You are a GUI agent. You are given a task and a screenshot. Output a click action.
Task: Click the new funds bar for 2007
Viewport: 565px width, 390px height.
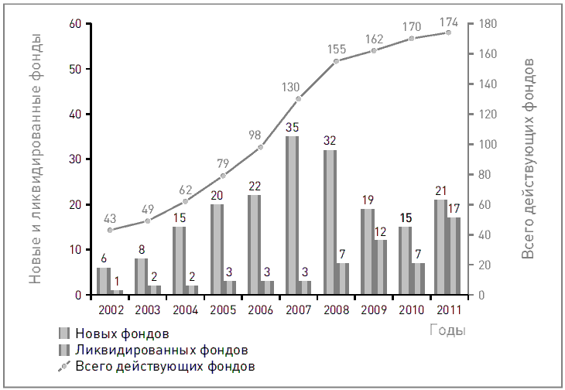(293, 215)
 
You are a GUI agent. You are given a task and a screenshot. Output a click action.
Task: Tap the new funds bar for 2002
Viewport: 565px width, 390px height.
(104, 281)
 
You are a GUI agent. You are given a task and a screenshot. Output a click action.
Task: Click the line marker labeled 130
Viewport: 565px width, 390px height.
(299, 98)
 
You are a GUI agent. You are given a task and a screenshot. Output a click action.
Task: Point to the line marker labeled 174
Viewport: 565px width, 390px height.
(448, 32)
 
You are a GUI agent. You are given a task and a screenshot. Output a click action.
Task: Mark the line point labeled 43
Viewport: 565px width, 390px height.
(111, 230)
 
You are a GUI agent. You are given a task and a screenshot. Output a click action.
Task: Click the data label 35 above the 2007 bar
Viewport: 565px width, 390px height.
(293, 127)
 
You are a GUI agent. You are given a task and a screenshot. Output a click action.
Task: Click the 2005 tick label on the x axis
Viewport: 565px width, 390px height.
(224, 310)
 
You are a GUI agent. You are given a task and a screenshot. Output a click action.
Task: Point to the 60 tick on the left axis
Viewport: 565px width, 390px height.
(75, 24)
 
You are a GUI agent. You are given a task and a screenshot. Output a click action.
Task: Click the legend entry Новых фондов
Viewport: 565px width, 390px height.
(122, 334)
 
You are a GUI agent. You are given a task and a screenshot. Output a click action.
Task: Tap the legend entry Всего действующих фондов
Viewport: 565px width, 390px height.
(164, 365)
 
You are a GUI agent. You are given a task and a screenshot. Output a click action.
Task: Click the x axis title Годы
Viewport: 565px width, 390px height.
(447, 330)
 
